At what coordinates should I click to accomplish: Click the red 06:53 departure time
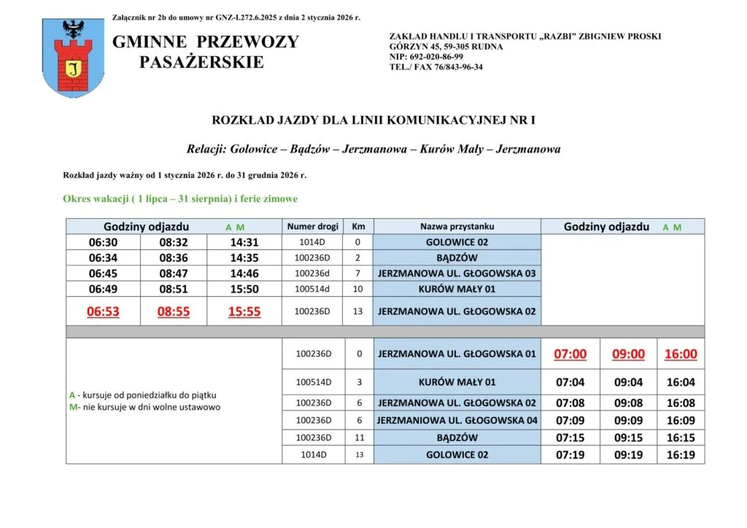coord(103,312)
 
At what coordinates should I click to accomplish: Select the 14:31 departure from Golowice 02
coord(244,243)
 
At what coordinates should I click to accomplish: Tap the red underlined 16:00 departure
coord(681,354)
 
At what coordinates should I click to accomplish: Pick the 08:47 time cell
coord(174,273)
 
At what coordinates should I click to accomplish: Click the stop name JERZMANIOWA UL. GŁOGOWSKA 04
coord(457,420)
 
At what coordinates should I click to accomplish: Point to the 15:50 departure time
coord(244,290)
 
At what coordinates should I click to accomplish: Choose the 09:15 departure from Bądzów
coord(628,438)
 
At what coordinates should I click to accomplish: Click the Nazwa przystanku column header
coord(457,227)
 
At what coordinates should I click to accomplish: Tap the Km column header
coord(358,227)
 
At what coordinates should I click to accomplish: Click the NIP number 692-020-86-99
coord(426,57)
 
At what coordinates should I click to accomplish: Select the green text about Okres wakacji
coord(180,198)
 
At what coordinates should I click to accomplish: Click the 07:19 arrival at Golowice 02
coord(570,456)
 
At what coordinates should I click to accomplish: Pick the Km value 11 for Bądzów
coord(358,438)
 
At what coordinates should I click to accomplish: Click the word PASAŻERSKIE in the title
coord(201,63)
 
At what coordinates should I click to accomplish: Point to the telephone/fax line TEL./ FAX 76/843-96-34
coord(436,67)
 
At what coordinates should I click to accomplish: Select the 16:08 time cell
coord(681,403)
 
